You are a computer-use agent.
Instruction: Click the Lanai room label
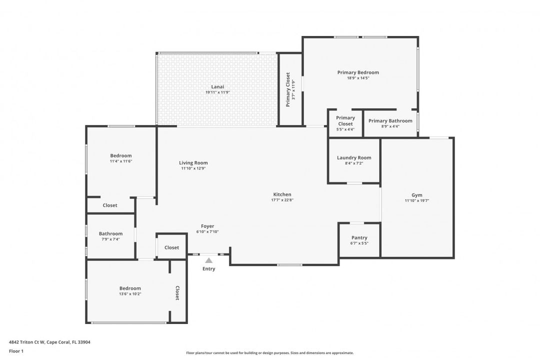coord(217,87)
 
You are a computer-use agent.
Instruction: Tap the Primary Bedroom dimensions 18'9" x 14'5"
coord(358,78)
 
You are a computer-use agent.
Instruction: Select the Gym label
coord(416,195)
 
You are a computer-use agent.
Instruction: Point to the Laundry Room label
coord(354,158)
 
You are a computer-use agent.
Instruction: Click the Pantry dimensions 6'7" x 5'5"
coord(359,243)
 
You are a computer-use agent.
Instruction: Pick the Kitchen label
coord(282,194)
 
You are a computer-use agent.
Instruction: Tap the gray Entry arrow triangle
coord(208,260)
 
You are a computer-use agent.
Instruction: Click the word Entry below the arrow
coord(208,268)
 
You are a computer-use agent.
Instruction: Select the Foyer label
coord(207,226)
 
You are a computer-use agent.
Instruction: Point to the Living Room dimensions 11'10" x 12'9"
coord(193,168)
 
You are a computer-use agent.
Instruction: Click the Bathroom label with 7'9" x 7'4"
coord(110,233)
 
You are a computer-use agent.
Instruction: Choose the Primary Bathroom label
coord(390,121)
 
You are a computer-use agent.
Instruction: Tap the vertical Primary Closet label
coord(288,89)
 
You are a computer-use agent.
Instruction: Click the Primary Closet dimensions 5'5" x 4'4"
coord(345,129)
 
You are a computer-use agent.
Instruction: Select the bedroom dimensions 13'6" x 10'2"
coord(130,294)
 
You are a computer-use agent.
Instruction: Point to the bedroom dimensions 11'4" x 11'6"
coord(121,161)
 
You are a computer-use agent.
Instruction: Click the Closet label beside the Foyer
coord(171,247)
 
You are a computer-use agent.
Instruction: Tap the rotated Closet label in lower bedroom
coord(177,293)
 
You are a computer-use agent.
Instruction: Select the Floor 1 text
coord(16,351)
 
